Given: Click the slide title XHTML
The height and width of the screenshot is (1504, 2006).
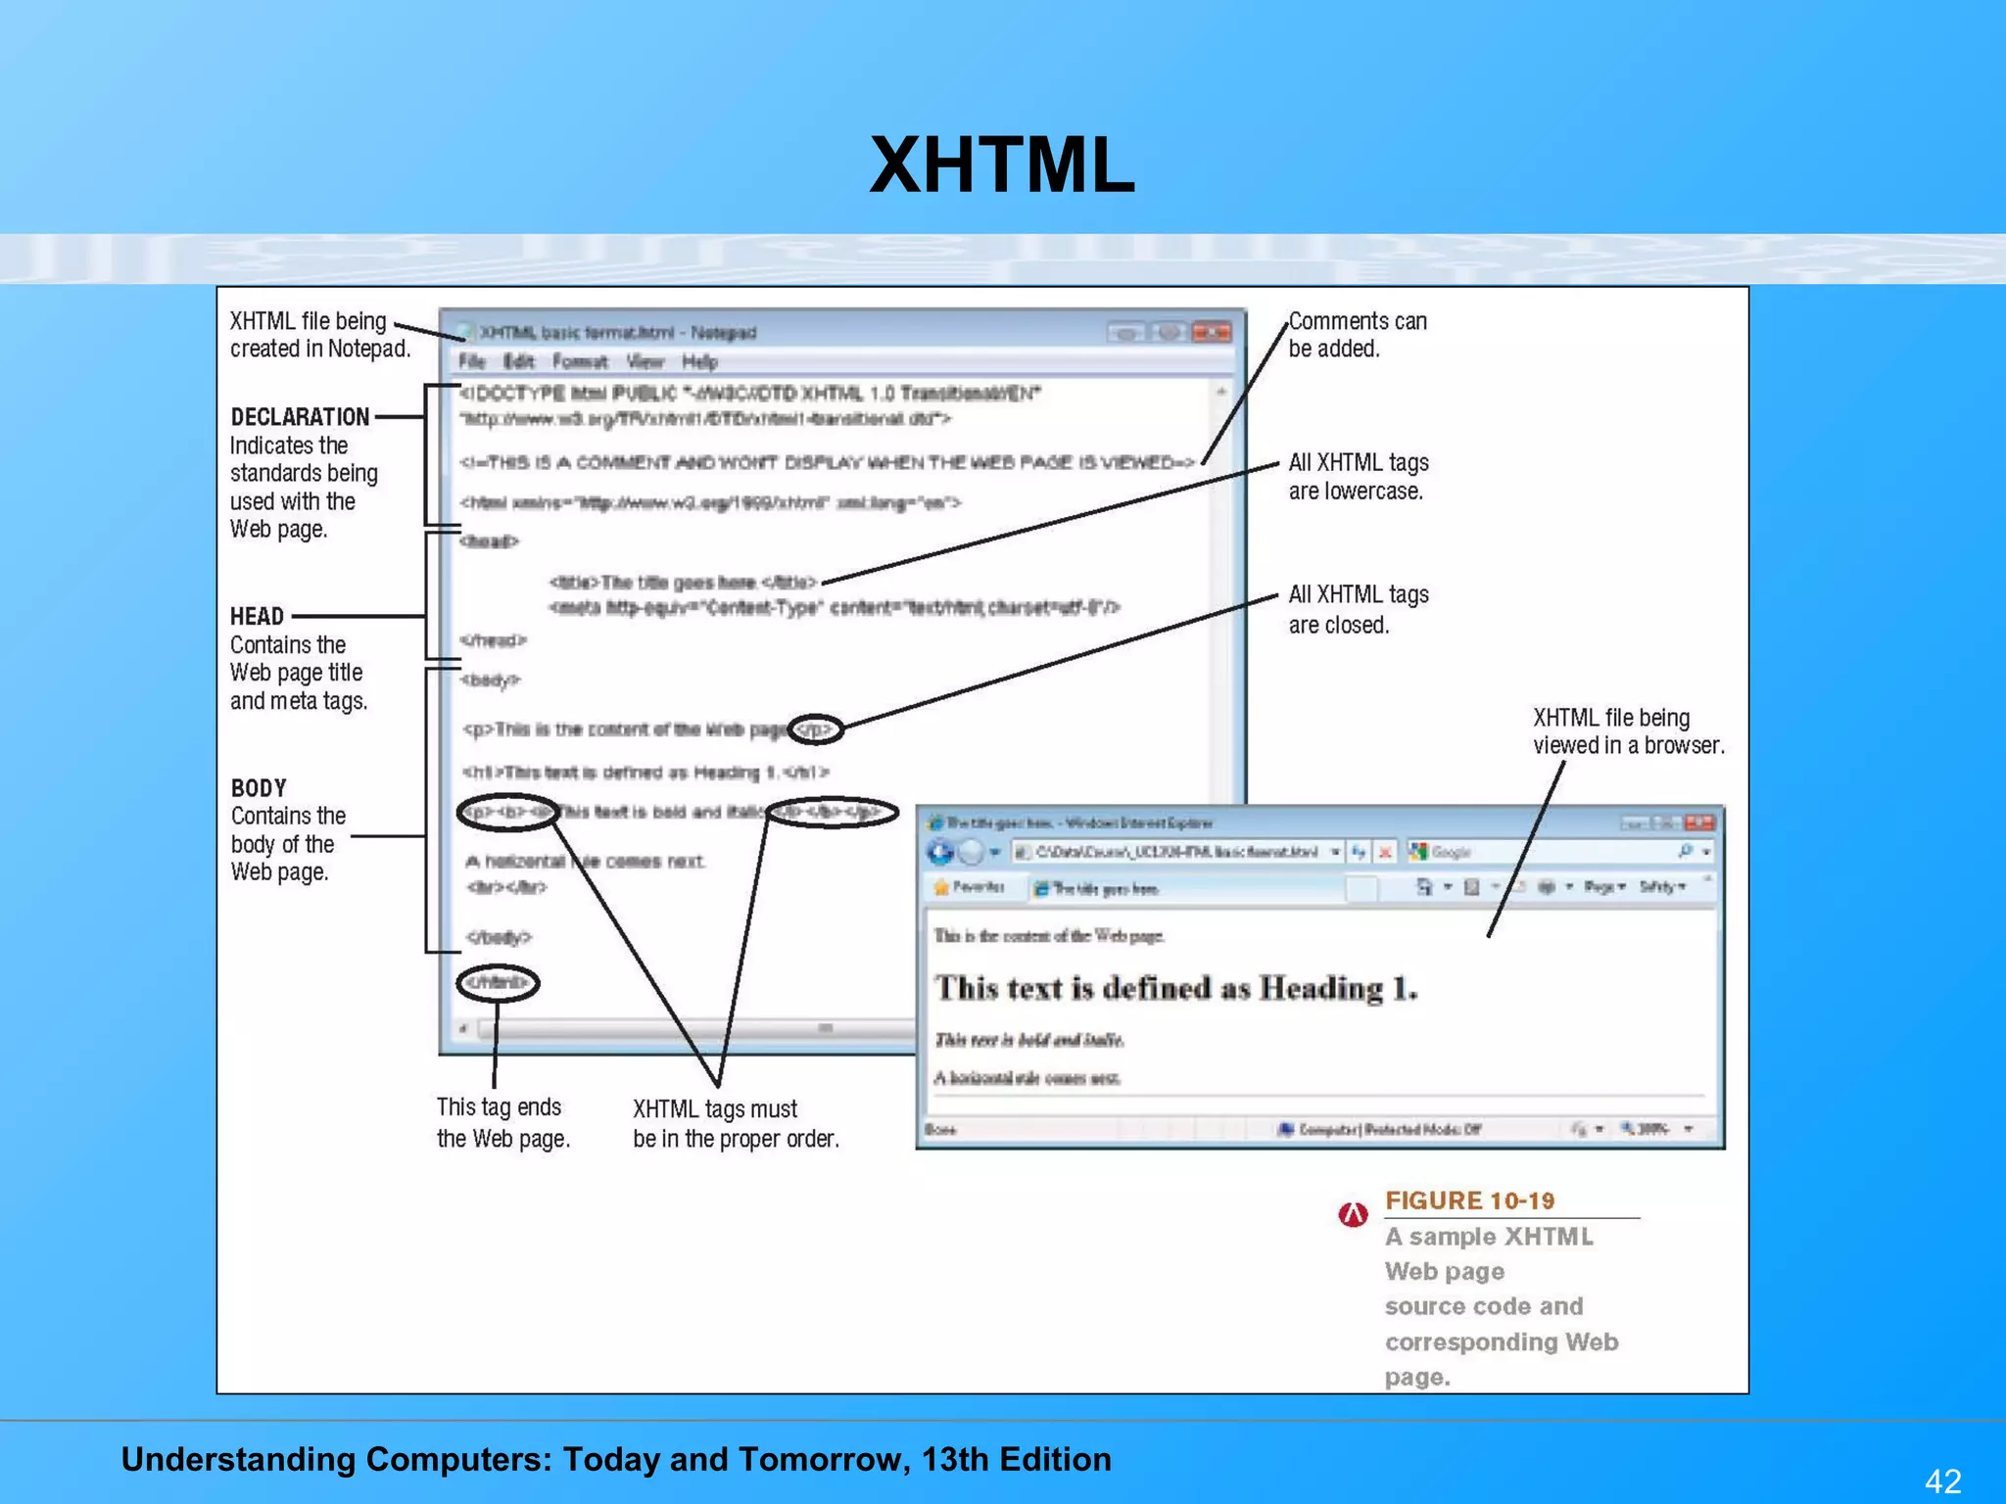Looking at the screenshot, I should tap(1002, 165).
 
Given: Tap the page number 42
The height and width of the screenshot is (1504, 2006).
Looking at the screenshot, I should tap(1943, 1480).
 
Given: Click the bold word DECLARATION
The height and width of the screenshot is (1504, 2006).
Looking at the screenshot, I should tap(300, 417).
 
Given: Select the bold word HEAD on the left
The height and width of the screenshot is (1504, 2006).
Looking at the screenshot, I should tap(257, 617).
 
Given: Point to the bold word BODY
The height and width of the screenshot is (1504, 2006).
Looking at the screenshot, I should tap(259, 788).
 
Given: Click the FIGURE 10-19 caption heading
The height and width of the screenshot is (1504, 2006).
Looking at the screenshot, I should tap(1469, 1200).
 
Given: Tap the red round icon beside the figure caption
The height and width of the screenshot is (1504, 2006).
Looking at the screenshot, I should tap(1353, 1215).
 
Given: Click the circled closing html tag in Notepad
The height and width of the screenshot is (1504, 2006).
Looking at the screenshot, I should tap(498, 982).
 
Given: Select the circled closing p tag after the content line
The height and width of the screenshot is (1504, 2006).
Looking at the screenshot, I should tap(816, 729).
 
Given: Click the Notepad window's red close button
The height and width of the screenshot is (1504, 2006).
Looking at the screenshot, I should tap(1212, 333).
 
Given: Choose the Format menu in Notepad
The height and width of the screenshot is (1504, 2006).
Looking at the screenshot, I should tap(580, 362).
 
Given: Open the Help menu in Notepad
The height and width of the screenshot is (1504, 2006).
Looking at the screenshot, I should tap(699, 362).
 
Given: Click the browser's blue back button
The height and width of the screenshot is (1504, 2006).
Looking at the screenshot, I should tap(940, 852).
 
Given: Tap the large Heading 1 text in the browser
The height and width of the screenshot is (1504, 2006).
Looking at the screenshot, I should tap(1175, 988).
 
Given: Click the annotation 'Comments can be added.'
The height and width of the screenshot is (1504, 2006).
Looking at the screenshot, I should tap(1357, 335).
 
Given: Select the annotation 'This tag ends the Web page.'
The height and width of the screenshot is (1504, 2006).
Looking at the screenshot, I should tap(502, 1122).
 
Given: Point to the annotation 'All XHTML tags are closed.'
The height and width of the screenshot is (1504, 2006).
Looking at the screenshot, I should tap(1358, 609).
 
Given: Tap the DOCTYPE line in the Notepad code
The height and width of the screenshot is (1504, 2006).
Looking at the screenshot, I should tap(749, 394).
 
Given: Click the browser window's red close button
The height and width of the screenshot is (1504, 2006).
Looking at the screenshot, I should tap(1699, 822).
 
